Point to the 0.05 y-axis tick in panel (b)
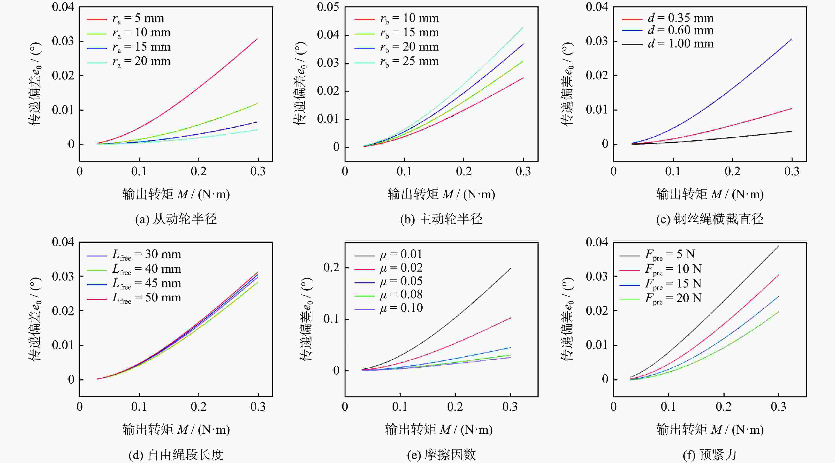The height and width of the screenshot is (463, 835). click(x=328, y=7)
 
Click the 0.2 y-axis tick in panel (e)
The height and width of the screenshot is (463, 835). click(x=331, y=268)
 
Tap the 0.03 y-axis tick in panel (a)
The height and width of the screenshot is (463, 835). click(x=63, y=41)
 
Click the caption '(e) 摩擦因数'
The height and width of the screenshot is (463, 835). click(x=442, y=455)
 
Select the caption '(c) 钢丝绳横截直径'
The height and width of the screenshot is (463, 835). click(x=710, y=219)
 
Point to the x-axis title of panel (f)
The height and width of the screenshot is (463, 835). click(x=710, y=430)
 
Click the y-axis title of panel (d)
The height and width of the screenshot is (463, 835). click(x=35, y=319)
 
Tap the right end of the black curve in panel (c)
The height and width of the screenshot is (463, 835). click(x=792, y=132)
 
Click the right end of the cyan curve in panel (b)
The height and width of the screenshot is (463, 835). click(x=523, y=27)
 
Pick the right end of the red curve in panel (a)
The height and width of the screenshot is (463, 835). click(x=257, y=39)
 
